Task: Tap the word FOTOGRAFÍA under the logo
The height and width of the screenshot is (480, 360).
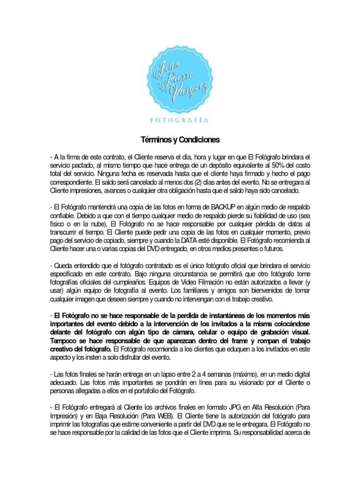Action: click(180, 120)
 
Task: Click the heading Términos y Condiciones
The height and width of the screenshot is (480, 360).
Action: click(180, 140)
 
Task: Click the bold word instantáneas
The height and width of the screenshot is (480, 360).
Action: click(204, 315)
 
